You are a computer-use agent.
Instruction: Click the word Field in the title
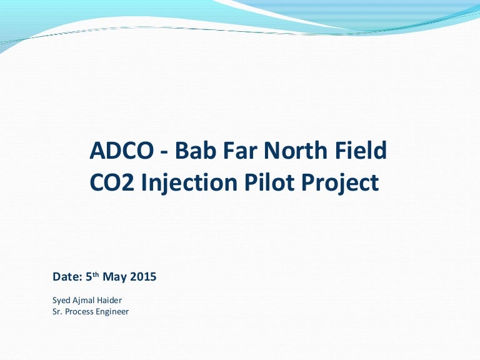click(361, 151)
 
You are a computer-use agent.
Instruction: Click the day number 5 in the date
click(86, 277)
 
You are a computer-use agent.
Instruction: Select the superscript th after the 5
click(95, 274)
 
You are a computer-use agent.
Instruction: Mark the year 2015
click(142, 277)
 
